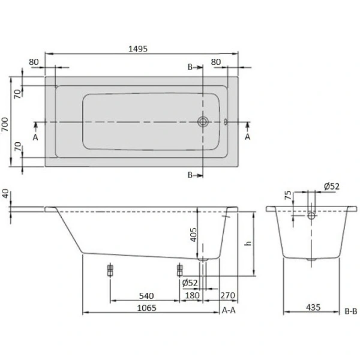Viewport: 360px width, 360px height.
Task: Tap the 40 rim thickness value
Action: [5, 194]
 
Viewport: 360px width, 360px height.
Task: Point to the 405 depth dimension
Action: [194, 234]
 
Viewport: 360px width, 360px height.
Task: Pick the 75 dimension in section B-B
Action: [289, 196]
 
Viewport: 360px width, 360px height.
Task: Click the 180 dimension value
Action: [192, 295]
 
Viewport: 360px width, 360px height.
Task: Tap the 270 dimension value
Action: [227, 295]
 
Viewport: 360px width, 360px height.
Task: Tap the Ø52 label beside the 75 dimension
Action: [330, 187]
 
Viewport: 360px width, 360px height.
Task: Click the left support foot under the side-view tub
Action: [110, 270]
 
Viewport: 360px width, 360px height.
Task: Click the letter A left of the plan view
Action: [35, 136]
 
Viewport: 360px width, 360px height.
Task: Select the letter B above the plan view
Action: [190, 68]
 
